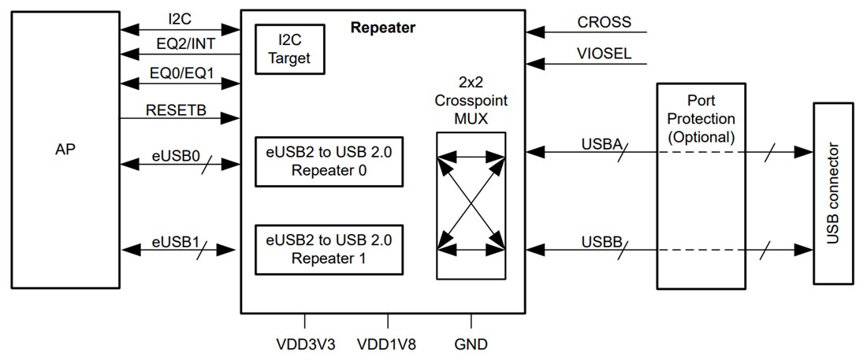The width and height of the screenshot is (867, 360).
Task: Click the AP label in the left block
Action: [66, 149]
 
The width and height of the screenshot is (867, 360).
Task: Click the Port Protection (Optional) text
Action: [700, 118]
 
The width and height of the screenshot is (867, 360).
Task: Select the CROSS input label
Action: [604, 22]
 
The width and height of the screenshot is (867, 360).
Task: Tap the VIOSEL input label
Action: [604, 56]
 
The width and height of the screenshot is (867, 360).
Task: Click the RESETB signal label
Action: [176, 110]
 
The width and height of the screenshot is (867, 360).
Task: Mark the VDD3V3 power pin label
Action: [304, 344]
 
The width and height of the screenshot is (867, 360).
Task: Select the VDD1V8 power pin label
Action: [387, 344]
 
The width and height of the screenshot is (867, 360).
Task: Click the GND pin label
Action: [471, 344]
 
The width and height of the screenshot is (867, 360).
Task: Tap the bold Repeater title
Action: [382, 28]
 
